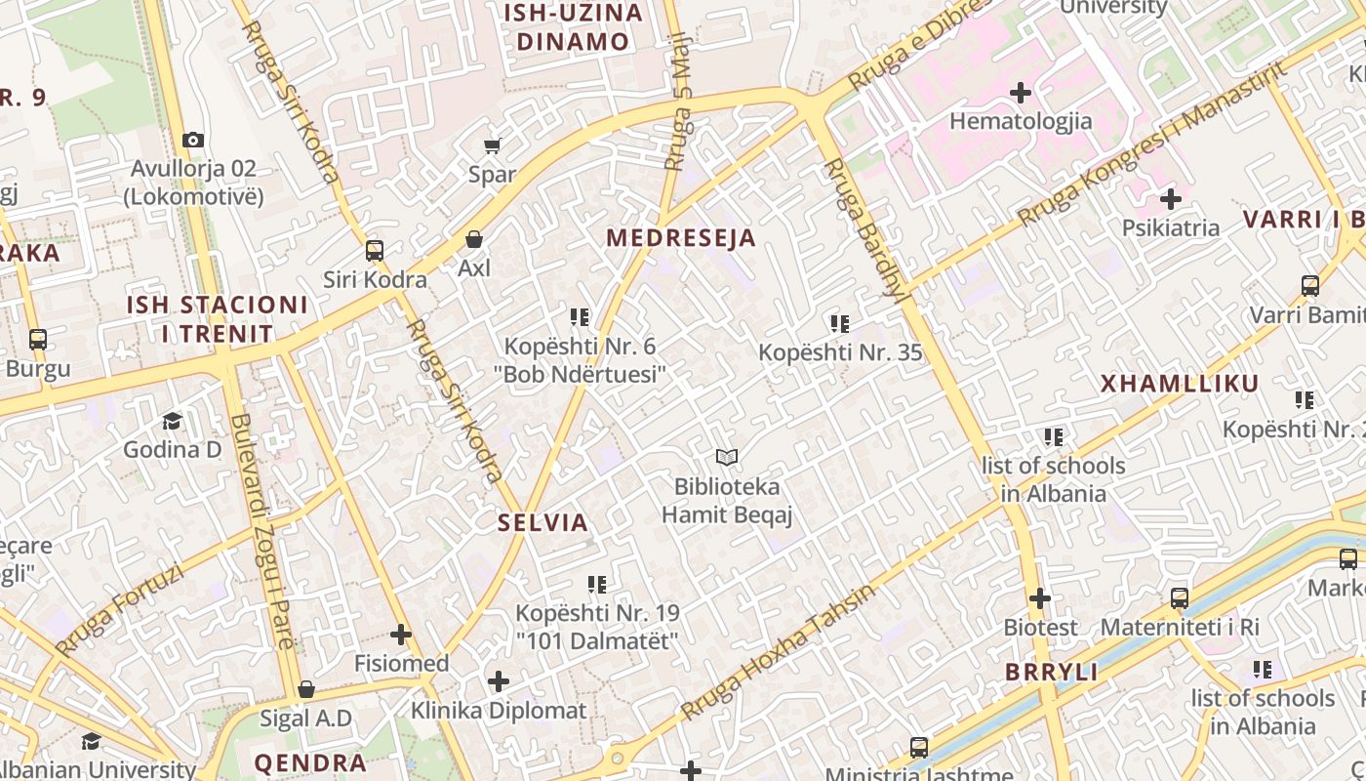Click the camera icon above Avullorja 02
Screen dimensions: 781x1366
pyautogui.click(x=193, y=140)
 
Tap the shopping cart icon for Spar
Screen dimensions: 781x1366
pyautogui.click(x=493, y=146)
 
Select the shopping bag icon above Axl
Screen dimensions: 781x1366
pyautogui.click(x=474, y=239)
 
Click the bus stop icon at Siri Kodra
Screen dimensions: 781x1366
pyautogui.click(x=375, y=251)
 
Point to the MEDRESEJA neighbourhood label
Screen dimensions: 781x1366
pyautogui.click(x=681, y=238)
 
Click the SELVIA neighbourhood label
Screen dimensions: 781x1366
pyautogui.click(x=543, y=522)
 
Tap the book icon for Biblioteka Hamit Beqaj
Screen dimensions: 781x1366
pyautogui.click(x=727, y=457)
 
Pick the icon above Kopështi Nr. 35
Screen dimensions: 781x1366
pyautogui.click(x=840, y=323)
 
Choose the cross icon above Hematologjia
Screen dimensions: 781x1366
pyautogui.click(x=1021, y=93)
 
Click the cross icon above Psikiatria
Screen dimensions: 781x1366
pyautogui.click(x=1171, y=200)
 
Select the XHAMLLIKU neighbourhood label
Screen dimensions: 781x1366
pyautogui.click(x=1180, y=384)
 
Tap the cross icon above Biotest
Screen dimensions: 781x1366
pyautogui.click(x=1040, y=597)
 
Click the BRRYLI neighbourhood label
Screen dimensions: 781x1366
pyautogui.click(x=1052, y=673)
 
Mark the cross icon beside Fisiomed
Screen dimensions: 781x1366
pyautogui.click(x=401, y=635)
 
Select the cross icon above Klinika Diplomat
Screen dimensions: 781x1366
pyautogui.click(x=499, y=680)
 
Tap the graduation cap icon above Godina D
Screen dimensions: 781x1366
pyautogui.click(x=173, y=421)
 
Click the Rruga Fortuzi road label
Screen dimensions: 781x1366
pyautogui.click(x=120, y=610)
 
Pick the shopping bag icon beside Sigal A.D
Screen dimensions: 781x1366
pyautogui.click(x=306, y=690)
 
